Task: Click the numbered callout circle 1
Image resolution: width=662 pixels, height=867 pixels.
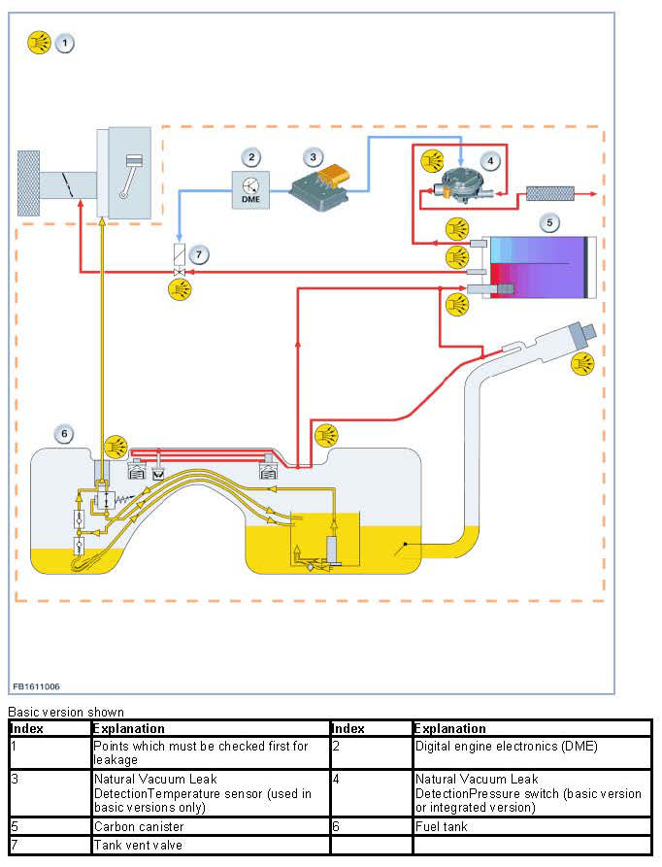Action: [x=65, y=43]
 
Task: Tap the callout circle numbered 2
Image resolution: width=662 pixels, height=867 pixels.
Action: [x=252, y=156]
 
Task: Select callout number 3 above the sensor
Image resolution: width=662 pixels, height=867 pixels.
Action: [x=312, y=156]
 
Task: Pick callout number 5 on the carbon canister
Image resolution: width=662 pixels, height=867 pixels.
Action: [x=549, y=222]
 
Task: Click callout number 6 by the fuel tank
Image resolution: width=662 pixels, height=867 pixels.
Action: [x=65, y=434]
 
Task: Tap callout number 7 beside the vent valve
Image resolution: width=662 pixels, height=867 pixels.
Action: [x=199, y=255]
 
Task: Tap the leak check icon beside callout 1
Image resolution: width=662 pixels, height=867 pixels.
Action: [x=40, y=43]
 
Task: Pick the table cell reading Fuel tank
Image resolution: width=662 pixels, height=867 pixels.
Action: [x=441, y=826]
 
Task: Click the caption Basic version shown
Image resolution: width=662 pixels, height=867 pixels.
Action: [x=66, y=713]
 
